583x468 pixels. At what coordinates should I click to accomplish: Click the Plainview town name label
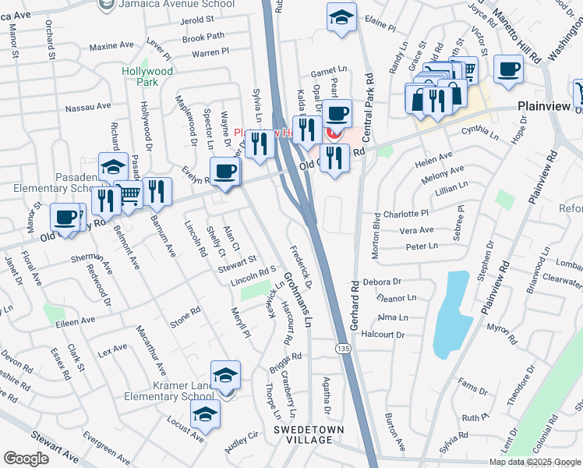pos(544,107)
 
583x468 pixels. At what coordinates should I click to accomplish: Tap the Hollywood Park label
pos(147,76)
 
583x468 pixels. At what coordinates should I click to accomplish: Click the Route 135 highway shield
pos(341,346)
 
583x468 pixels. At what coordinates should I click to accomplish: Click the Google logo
pos(26,459)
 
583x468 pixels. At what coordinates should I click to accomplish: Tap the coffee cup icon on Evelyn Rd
pos(225,172)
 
